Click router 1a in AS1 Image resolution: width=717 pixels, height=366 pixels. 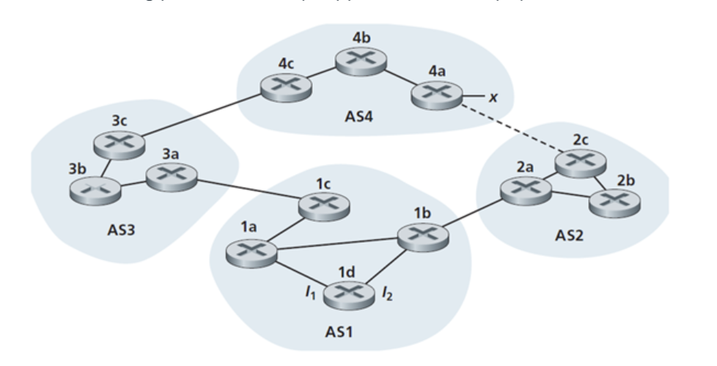pos(251,254)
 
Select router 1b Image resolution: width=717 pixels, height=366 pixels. pos(421,236)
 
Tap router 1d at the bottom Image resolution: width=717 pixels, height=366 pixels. pos(347,294)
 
